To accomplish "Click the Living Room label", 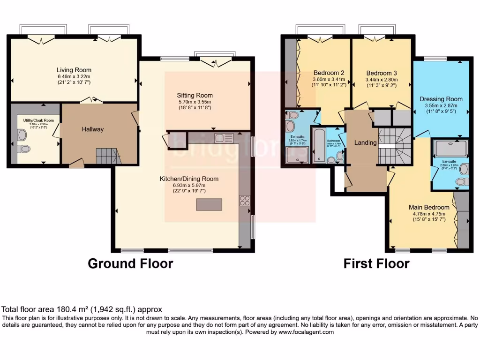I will [x=74, y=70].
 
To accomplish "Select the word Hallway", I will [x=92, y=129].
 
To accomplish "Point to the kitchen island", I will [x=209, y=205].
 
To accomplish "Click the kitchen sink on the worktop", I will [x=224, y=138].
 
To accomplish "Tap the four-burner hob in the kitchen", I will [x=245, y=200].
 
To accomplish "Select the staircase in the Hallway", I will [x=107, y=155].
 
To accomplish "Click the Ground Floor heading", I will [x=130, y=264].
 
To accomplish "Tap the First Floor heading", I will [x=376, y=264].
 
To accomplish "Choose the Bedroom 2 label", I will [x=329, y=73].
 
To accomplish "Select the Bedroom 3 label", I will [x=382, y=73].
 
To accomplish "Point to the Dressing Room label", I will [x=441, y=99].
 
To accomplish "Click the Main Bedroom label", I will [x=429, y=207].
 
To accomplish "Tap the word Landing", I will [x=365, y=143].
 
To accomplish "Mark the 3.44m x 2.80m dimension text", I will [x=382, y=80].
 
